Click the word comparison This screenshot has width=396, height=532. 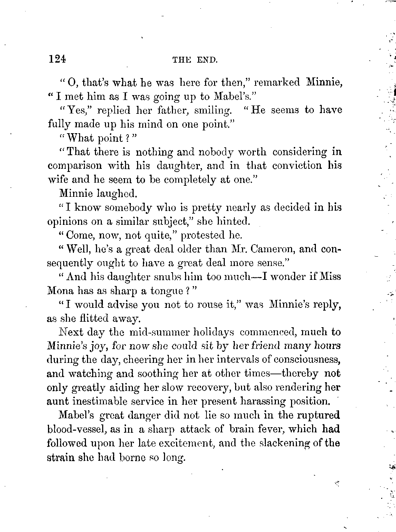pos(75,166)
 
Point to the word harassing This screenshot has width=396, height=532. pos(262,401)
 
